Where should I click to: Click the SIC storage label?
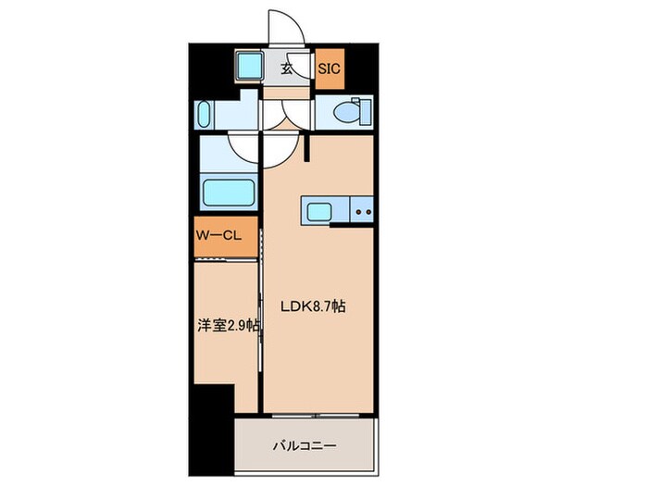click(329, 68)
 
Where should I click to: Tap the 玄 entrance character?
click(288, 68)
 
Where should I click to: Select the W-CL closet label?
click(218, 237)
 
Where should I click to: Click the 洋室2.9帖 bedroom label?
click(228, 326)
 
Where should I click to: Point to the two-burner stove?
click(363, 212)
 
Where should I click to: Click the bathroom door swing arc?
click(244, 148)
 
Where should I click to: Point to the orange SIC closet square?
click(329, 69)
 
